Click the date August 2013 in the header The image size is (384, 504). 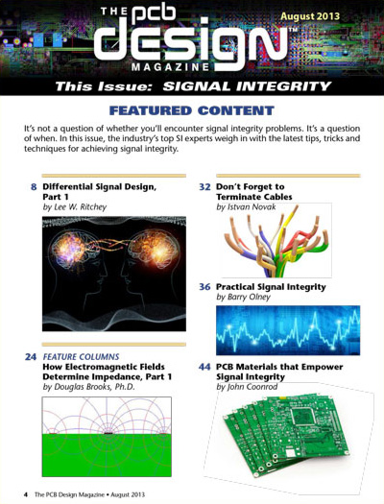tap(310, 16)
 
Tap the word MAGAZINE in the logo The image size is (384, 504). tap(171, 67)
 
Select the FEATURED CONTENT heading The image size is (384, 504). tap(191, 110)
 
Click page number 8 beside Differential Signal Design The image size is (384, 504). tap(34, 187)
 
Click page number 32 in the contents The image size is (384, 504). tap(204, 187)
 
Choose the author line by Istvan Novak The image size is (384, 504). tap(246, 206)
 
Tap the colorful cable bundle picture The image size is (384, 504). tap(276, 240)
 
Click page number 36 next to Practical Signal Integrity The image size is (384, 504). tap(204, 287)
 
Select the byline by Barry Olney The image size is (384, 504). tap(243, 297)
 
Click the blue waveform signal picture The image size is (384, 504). tap(288, 330)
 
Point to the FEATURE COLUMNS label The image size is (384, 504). tap(81, 357)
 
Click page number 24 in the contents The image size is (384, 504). tap(31, 357)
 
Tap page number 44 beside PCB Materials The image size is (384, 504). tap(204, 367)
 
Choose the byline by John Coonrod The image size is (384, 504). tap(247, 387)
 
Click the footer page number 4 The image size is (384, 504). tap(26, 494)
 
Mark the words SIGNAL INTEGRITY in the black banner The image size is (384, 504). tap(247, 86)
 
